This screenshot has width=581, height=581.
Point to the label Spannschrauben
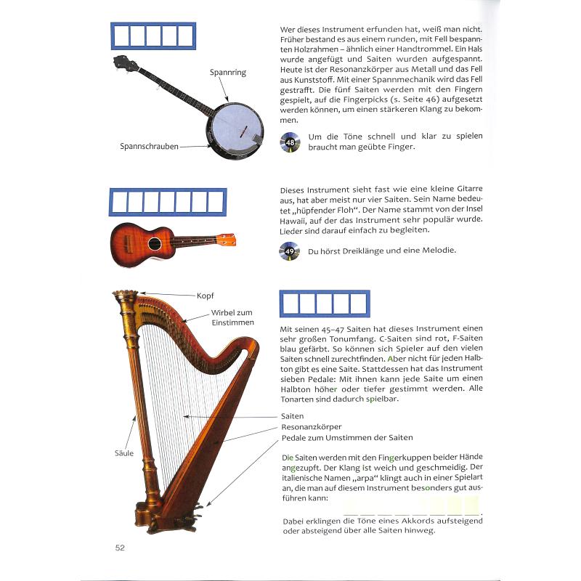pyautogui.click(x=149, y=146)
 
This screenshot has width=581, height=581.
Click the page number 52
pyautogui.click(x=120, y=548)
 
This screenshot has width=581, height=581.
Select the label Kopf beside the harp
pyautogui.click(x=206, y=296)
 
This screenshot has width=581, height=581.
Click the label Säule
pyautogui.click(x=125, y=453)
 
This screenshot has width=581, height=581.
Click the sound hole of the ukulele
pyautogui.click(x=154, y=243)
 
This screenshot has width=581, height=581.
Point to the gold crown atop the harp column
pyautogui.click(x=125, y=297)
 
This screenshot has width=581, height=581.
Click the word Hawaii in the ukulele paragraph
pyautogui.click(x=296, y=219)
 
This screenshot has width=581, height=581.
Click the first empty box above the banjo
pyautogui.click(x=122, y=35)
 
